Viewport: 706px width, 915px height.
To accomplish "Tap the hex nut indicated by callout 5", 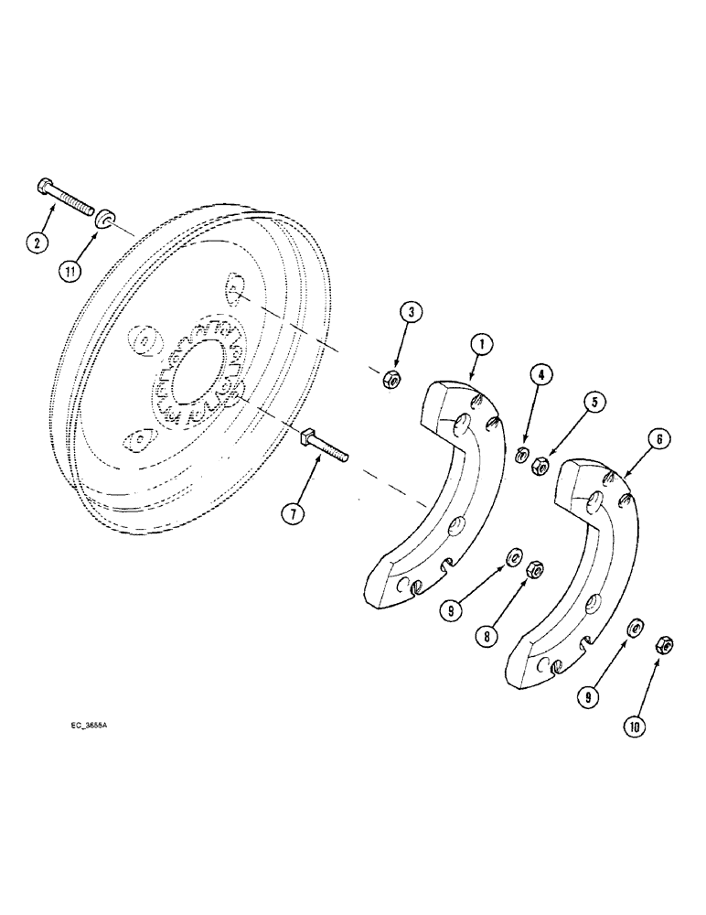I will (541, 466).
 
